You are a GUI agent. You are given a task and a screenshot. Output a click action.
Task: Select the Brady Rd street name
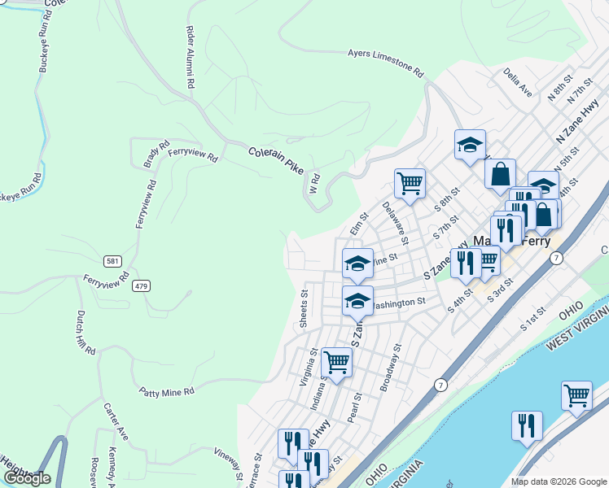(151, 152)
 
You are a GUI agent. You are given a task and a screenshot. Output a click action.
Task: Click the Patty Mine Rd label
(165, 391)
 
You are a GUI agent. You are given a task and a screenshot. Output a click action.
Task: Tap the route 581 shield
(113, 261)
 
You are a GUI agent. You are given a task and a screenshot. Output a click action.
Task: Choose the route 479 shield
(142, 285)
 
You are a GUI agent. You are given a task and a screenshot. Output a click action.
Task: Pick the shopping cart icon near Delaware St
(410, 182)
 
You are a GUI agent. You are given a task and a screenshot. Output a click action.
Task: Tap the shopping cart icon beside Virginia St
(336, 362)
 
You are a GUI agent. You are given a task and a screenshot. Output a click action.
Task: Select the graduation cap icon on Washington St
(357, 299)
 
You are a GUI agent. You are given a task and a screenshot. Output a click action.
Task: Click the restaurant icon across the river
(527, 425)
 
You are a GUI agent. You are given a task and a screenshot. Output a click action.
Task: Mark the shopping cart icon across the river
(576, 395)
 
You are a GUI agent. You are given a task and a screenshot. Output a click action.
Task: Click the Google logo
(27, 478)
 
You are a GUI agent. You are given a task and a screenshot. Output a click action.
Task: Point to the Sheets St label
(304, 309)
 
